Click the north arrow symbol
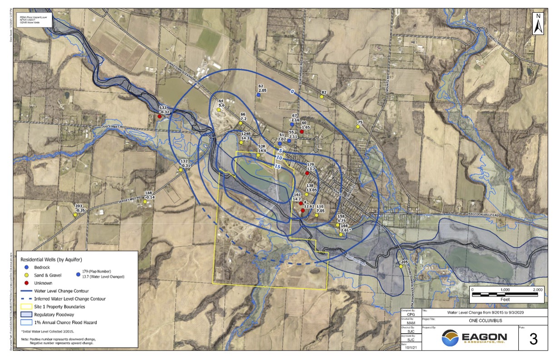538,23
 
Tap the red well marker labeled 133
159,116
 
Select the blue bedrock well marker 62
258,95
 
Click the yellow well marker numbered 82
322,96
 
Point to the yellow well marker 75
357,127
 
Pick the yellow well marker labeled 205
402,267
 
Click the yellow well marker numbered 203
75,215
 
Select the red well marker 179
307,173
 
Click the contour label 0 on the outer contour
293,92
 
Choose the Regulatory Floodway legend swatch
26,314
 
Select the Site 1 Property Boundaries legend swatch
26,306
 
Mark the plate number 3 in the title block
533,340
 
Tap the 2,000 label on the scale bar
538,290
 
